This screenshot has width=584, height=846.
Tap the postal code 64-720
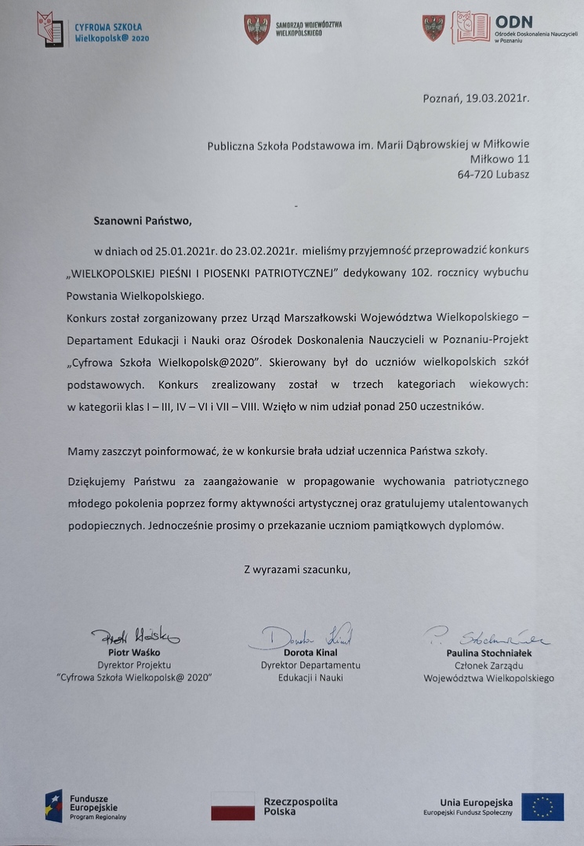[476, 174]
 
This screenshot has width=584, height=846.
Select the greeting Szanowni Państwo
[141, 222]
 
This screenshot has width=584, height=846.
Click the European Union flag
[542, 806]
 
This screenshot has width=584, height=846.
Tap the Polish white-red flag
[233, 806]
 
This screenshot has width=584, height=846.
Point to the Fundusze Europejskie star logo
[53, 806]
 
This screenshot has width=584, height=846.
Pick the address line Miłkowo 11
[500, 159]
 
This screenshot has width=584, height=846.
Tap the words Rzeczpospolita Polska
[300, 806]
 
